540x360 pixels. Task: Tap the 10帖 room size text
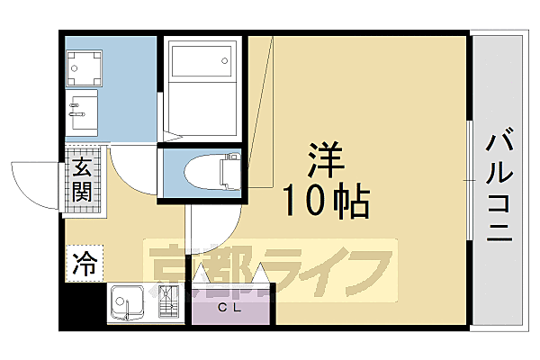[327, 202]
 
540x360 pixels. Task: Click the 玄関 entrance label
[82, 179]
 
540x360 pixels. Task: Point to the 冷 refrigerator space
[83, 264]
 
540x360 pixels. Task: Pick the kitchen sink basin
[128, 301]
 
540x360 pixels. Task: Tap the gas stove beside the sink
[166, 301]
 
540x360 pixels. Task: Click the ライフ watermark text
[333, 270]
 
